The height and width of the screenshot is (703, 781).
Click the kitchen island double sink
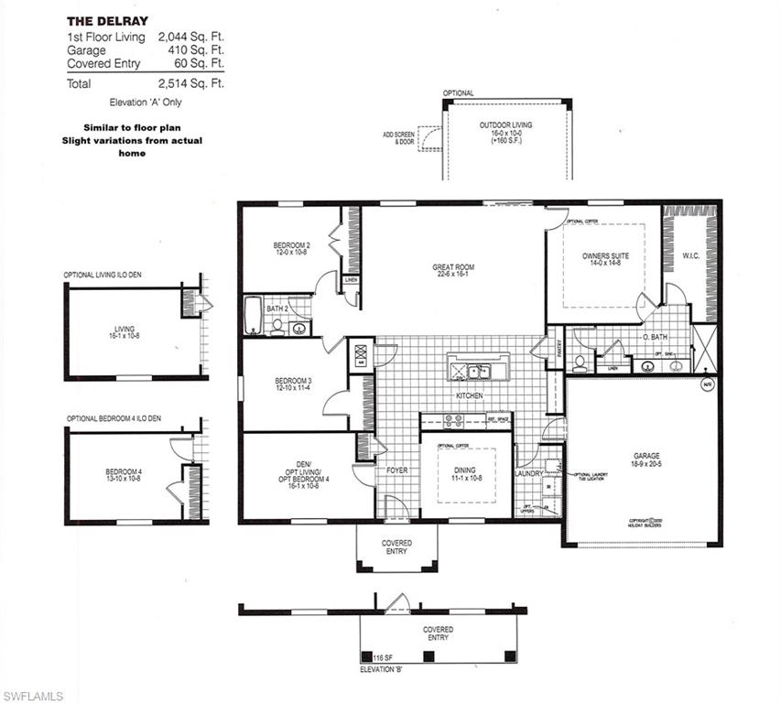(x=475, y=372)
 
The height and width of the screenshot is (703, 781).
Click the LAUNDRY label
(x=530, y=472)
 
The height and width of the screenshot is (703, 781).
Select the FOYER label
(x=396, y=470)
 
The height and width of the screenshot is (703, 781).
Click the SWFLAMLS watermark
(x=33, y=696)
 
